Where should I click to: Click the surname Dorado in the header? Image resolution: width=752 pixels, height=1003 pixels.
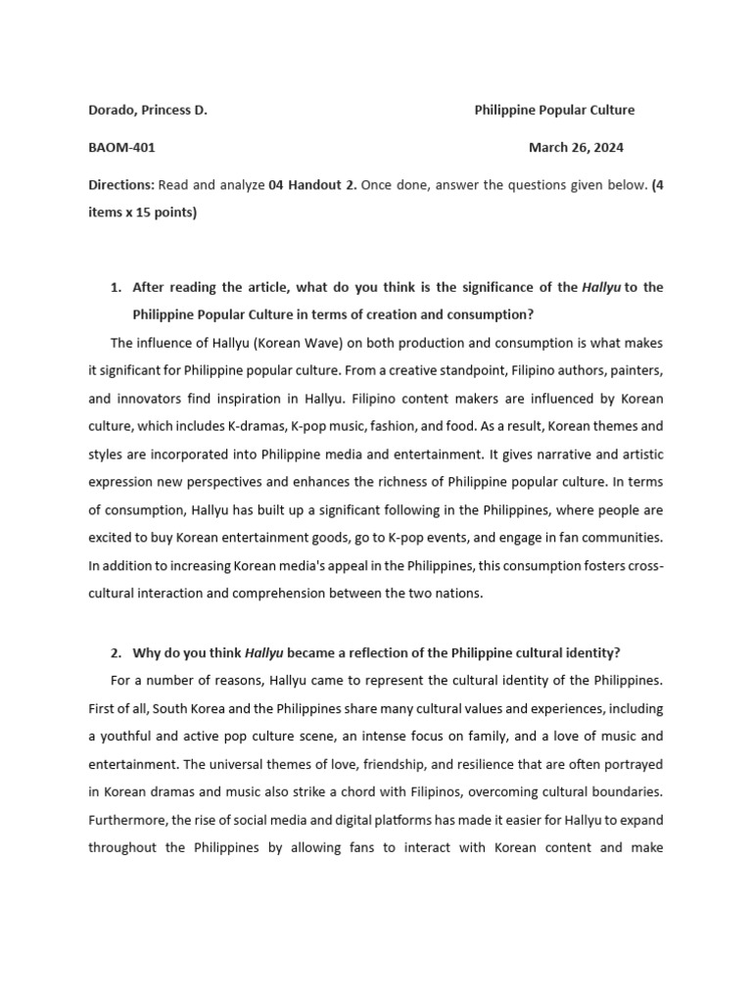tap(112, 111)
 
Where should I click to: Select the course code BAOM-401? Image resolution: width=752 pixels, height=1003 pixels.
tap(121, 148)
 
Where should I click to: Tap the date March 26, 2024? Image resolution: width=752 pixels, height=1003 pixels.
tap(576, 148)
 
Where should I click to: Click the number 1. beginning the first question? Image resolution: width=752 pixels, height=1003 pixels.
tap(116, 287)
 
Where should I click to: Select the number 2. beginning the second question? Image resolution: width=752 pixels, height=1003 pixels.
tap(116, 652)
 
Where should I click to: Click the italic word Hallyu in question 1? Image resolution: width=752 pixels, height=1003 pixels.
tap(601, 287)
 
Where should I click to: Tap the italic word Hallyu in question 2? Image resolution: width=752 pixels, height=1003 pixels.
tap(263, 652)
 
